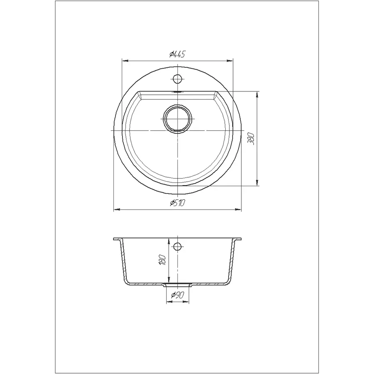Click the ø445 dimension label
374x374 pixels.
click(x=177, y=54)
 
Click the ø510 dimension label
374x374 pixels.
click(x=177, y=203)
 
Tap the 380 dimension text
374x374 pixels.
click(x=251, y=138)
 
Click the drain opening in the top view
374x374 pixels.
click(x=177, y=118)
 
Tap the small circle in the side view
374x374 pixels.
click(x=177, y=246)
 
